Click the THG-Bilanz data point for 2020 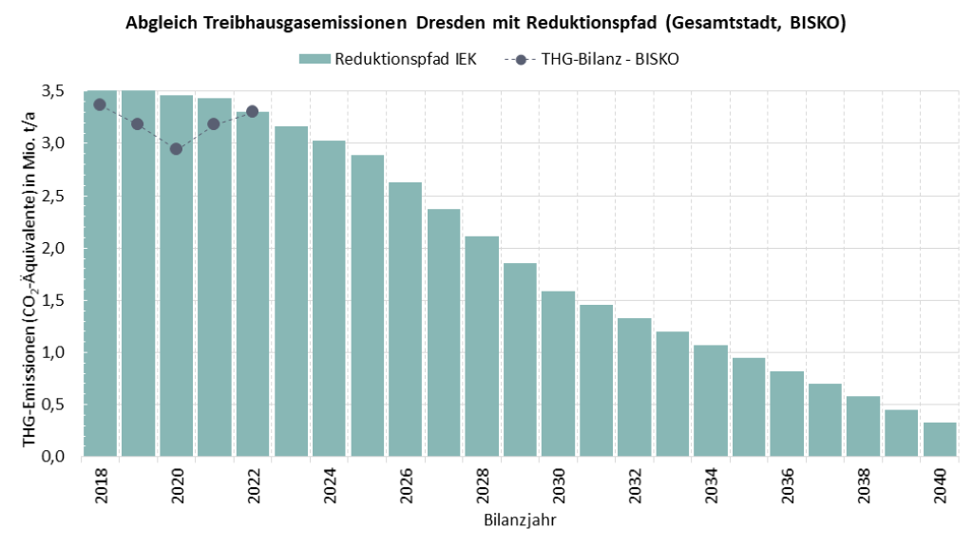coord(176,149)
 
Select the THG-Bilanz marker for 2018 coord(99,104)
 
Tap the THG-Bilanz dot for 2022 coord(252,111)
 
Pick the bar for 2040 coord(940,439)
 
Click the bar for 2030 coord(558,373)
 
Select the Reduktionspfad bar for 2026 coord(405,319)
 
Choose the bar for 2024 coord(329,298)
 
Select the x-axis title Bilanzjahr coord(519,520)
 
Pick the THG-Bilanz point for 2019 coord(137,124)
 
